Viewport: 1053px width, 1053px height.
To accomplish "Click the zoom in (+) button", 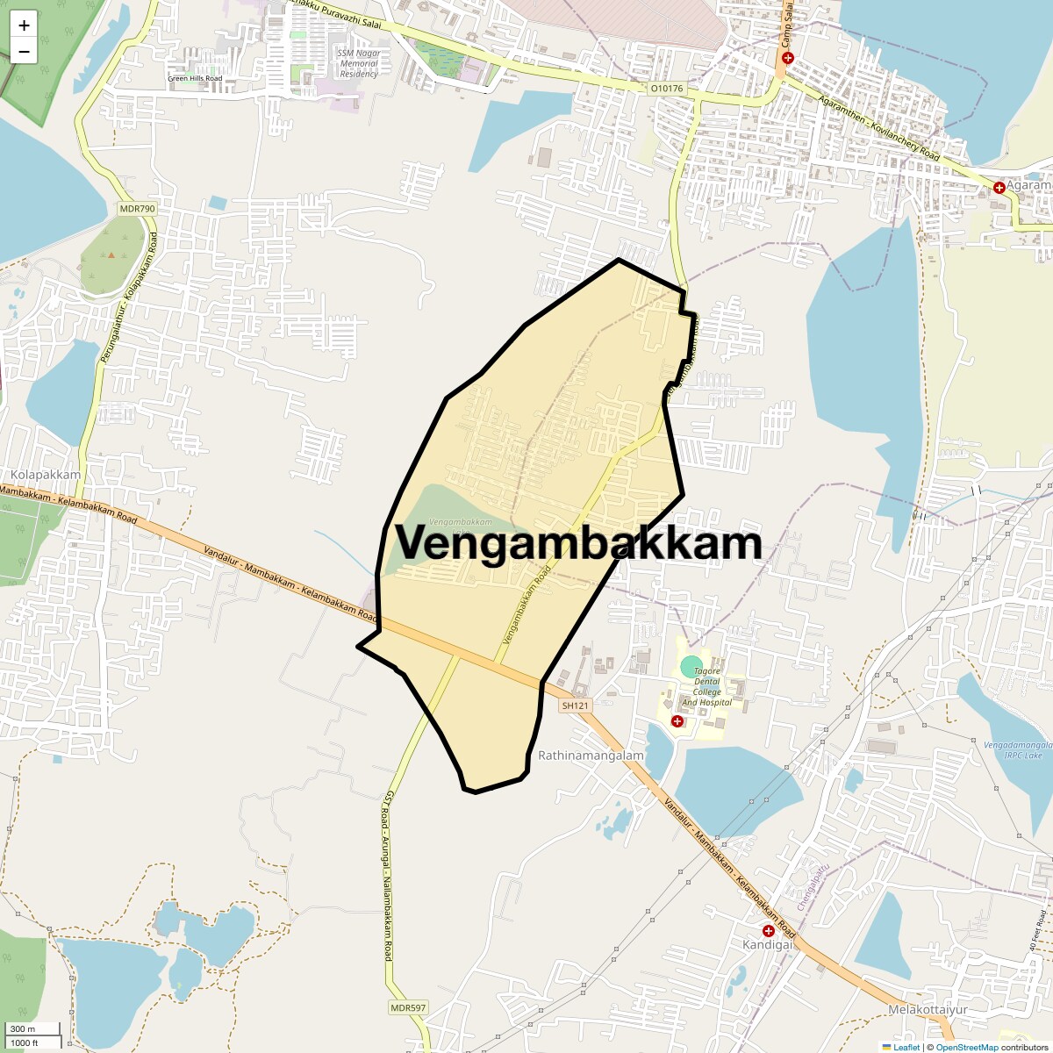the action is (x=24, y=25).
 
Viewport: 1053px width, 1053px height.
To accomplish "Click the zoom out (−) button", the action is (x=24, y=51).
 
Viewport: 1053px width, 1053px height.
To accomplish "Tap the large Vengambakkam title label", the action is (x=577, y=542).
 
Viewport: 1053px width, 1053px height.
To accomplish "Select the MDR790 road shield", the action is (x=137, y=209).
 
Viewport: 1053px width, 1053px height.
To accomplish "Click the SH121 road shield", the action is (x=576, y=706).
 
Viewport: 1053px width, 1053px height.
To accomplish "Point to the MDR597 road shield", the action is (x=408, y=1007).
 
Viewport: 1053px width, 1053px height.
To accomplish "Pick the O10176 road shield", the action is (x=667, y=89).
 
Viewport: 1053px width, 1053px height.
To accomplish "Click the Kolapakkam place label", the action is (x=46, y=475).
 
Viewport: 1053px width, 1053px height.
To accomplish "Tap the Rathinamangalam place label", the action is (x=591, y=756).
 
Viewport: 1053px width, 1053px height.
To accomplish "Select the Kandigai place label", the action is (x=768, y=945).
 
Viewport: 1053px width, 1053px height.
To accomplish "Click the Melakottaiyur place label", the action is (x=928, y=1010).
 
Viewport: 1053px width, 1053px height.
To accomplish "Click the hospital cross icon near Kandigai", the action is (x=769, y=930).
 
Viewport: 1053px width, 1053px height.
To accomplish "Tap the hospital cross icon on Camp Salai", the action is (x=787, y=58).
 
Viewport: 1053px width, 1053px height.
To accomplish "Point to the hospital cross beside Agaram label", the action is (x=999, y=188).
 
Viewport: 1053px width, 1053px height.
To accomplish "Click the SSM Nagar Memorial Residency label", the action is (x=359, y=63).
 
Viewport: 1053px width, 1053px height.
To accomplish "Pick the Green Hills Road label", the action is (x=195, y=79).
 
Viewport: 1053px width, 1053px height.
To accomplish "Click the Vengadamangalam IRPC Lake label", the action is (x=1012, y=750).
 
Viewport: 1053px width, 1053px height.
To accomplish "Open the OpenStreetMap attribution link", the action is (x=966, y=1047).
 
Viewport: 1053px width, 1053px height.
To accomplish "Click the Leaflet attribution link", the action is (x=906, y=1047).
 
